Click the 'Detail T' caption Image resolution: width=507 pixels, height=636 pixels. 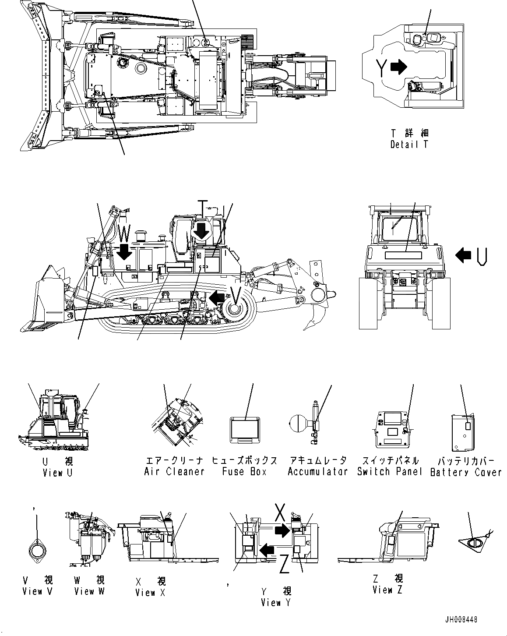409,144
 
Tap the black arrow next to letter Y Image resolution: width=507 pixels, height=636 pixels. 398,67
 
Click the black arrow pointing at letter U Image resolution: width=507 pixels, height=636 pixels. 463,254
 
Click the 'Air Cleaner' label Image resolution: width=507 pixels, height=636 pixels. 174,472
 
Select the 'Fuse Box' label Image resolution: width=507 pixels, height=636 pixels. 244,472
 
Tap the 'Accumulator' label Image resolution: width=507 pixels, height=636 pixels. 317,472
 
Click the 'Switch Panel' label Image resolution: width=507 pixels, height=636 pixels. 389,472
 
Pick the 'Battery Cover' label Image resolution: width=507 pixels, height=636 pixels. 466,472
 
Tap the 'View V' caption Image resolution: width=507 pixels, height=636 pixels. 38,591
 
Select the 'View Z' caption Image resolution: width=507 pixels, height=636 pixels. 387,590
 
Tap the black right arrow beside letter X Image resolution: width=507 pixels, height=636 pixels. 282,531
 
